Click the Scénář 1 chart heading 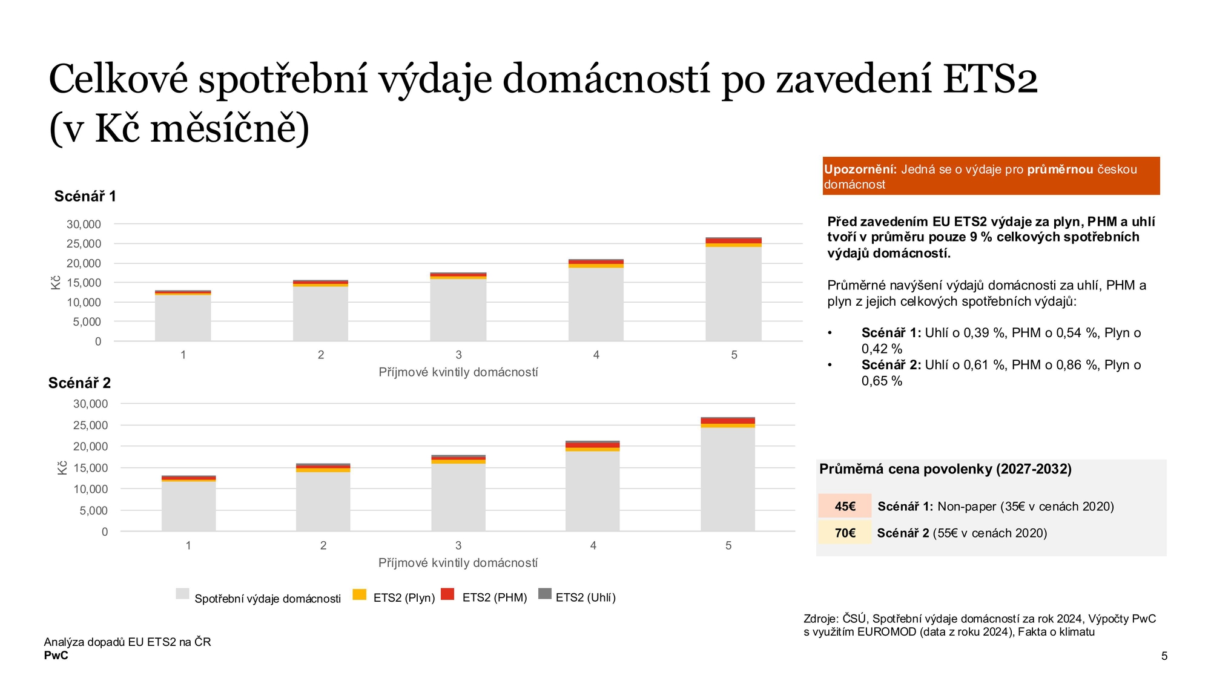85,196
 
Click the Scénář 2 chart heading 79,383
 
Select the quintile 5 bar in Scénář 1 733,289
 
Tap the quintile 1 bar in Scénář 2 188,504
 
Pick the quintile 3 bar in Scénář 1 458,307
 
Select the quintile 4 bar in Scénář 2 593,486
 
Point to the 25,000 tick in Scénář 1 84,244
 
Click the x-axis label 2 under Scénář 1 321,355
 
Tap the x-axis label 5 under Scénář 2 728,545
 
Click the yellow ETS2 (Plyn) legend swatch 360,594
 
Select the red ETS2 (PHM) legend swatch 447,594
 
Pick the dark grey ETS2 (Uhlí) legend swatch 545,594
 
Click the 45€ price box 845,506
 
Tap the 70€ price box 845,533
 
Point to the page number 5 1164,656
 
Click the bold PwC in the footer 56,656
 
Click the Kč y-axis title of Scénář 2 62,467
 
